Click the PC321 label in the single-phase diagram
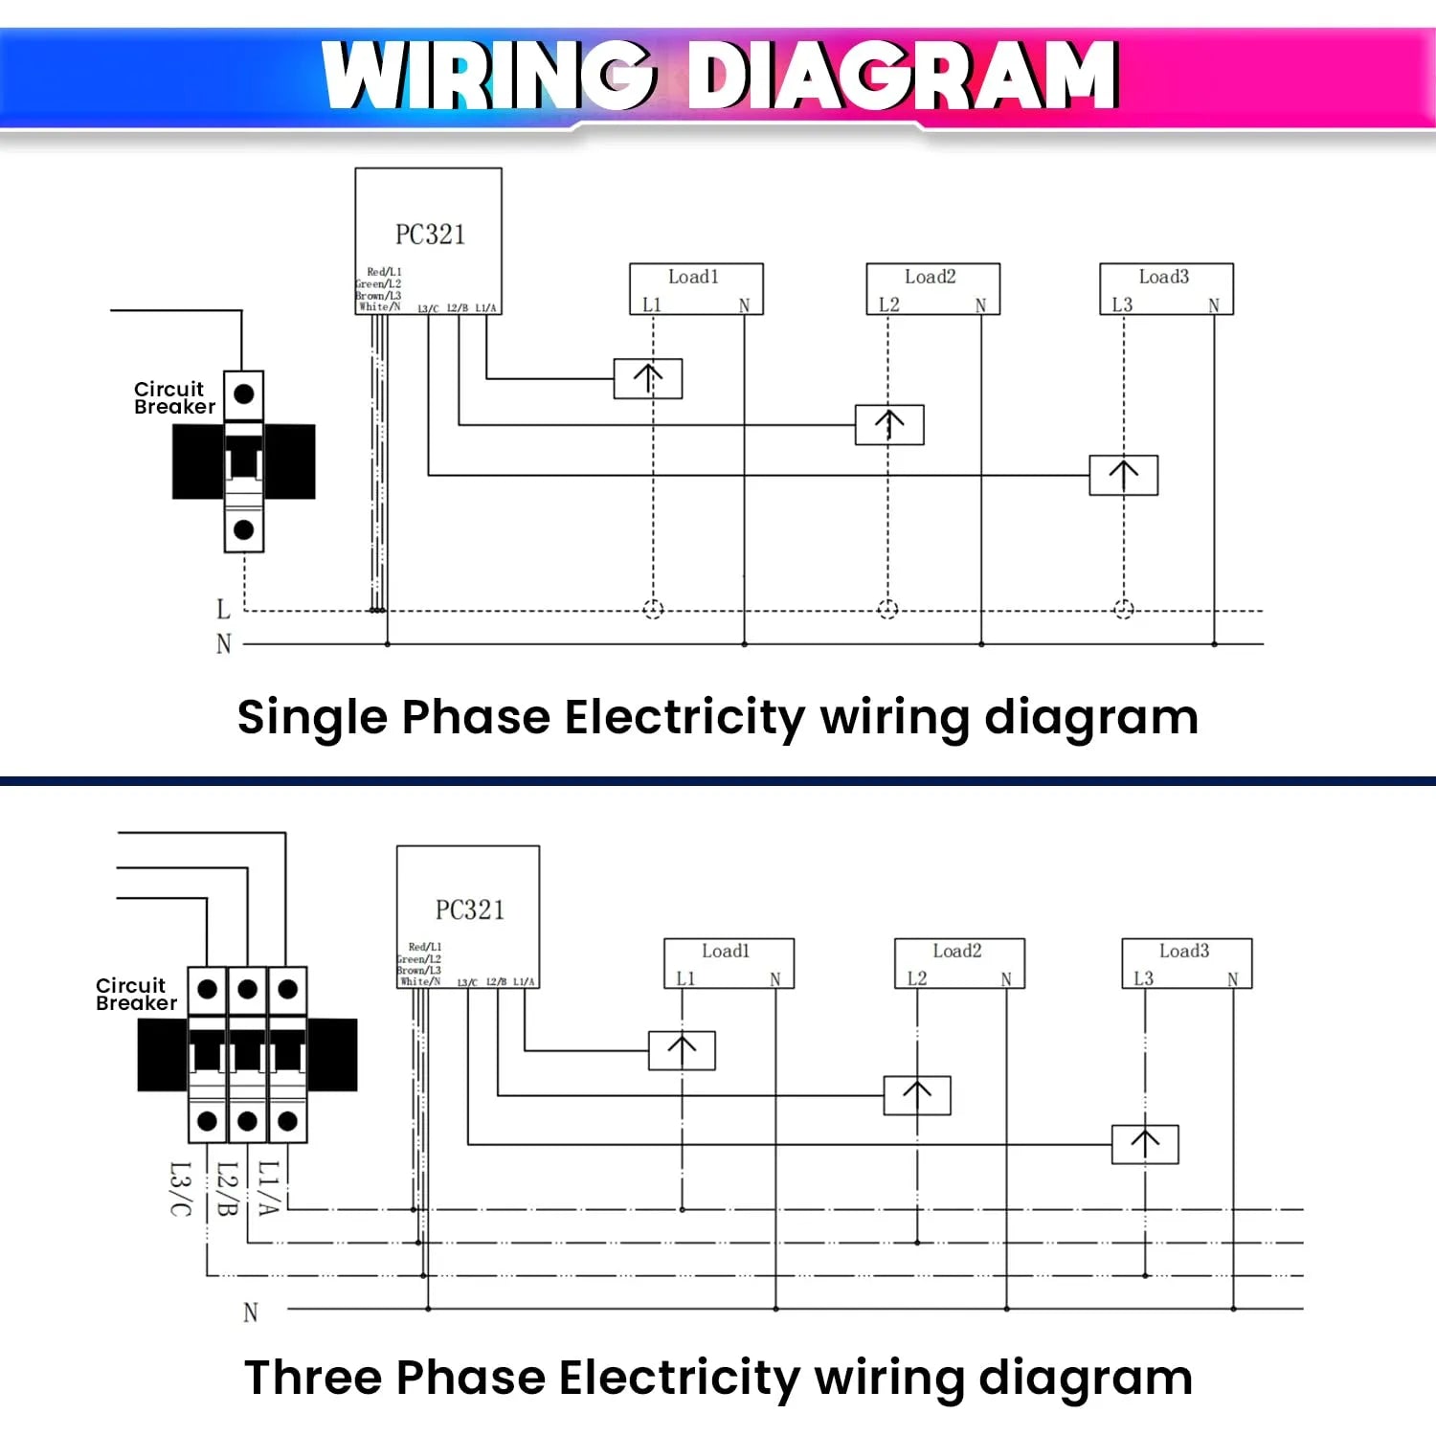pyautogui.click(x=430, y=235)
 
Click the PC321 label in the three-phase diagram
pyautogui.click(x=469, y=909)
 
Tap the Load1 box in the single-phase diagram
pyautogui.click(x=695, y=288)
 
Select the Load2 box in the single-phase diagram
pyautogui.click(x=932, y=288)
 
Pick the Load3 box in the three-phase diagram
pyautogui.click(x=1186, y=962)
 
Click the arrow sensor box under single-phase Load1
pyautogui.click(x=648, y=378)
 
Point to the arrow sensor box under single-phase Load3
pyautogui.click(x=1123, y=475)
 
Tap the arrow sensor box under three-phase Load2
pyautogui.click(x=917, y=1095)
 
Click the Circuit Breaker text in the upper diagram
pyautogui.click(x=173, y=397)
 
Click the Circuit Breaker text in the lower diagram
pyautogui.click(x=136, y=994)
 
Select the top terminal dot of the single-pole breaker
pyautogui.click(x=244, y=393)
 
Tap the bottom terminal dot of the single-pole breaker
pyautogui.click(x=244, y=529)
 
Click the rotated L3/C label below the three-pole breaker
pyautogui.click(x=180, y=1188)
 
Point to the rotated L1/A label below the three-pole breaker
pyautogui.click(x=268, y=1188)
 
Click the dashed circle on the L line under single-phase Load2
pyautogui.click(x=887, y=609)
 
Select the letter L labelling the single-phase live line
pyautogui.click(x=223, y=609)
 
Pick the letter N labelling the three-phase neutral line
pyautogui.click(x=250, y=1312)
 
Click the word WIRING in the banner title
pyautogui.click(x=489, y=76)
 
